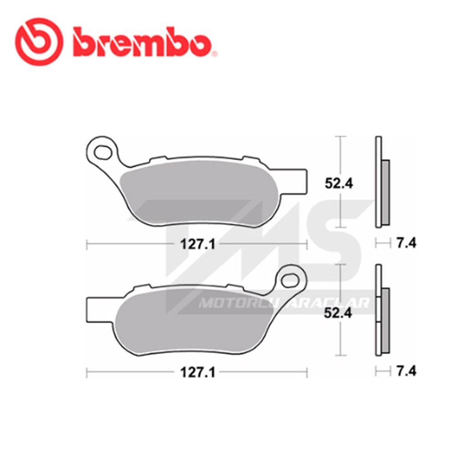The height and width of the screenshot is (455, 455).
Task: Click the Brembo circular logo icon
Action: [39, 43]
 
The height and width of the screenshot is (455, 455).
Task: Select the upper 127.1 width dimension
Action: [197, 244]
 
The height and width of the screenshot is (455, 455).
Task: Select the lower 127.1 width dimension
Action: [197, 373]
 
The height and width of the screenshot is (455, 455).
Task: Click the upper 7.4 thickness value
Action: [406, 243]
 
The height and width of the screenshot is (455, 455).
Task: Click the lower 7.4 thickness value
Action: [406, 372]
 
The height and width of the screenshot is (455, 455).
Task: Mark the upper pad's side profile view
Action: [381, 182]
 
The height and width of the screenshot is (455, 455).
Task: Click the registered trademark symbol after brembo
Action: [215, 54]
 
